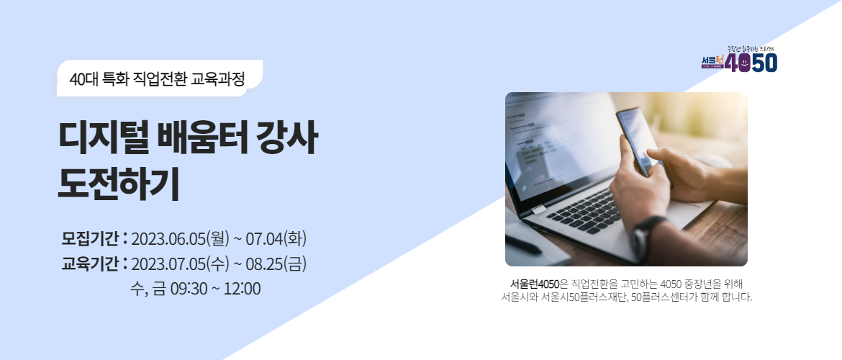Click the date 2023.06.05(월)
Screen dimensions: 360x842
181,238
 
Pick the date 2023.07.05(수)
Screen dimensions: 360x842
181,264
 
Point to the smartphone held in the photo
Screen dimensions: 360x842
637,137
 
